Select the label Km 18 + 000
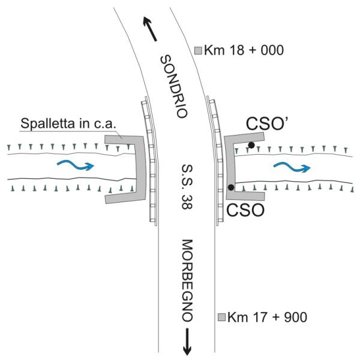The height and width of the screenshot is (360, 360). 243,50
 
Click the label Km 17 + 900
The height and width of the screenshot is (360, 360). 264,316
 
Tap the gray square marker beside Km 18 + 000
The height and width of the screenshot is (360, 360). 199,51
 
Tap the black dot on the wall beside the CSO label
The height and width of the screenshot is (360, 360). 231,187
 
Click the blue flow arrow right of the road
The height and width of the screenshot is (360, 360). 291,166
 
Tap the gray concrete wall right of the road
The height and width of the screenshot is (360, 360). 229,168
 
